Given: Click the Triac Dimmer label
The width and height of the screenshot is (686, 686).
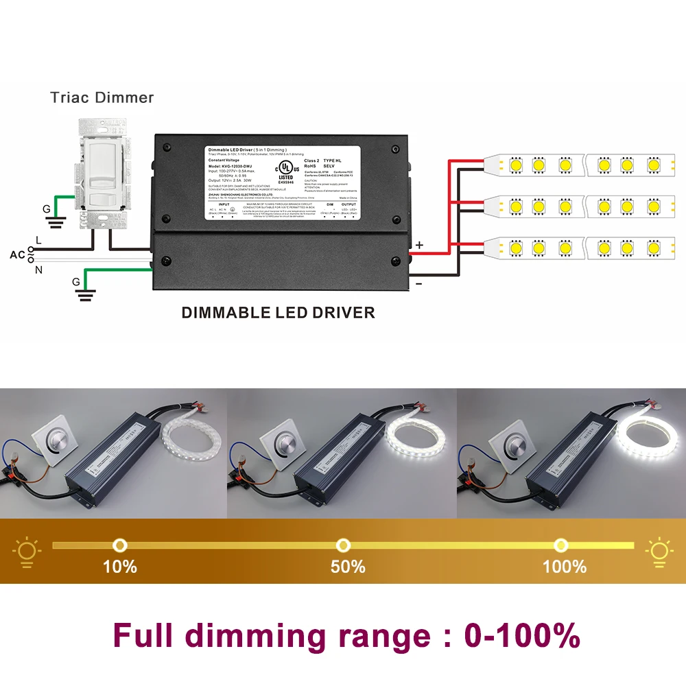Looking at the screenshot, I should (x=102, y=97).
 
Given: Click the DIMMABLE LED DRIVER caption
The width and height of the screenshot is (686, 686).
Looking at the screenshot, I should (x=278, y=313).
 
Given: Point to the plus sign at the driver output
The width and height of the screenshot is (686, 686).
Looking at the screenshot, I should (x=420, y=245).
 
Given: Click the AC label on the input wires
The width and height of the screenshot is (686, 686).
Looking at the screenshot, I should (x=17, y=255).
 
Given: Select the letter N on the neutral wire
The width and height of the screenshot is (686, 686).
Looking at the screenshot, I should (x=38, y=270).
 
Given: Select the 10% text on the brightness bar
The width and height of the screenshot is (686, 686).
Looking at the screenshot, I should (x=120, y=567).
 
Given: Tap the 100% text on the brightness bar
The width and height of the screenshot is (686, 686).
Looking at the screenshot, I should (x=565, y=567).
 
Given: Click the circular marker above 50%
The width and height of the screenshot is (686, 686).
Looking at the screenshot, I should (x=342, y=545).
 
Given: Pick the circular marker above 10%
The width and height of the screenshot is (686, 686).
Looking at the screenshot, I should (x=120, y=545).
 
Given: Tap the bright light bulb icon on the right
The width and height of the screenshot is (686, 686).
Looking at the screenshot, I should (x=659, y=551).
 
